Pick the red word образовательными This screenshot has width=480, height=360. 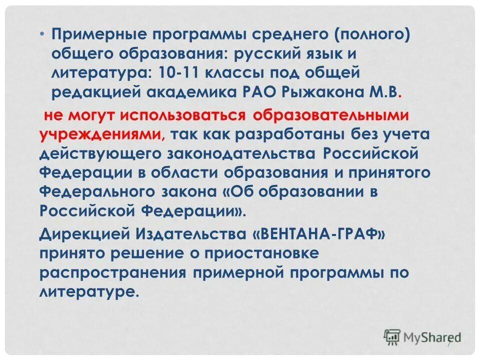[331, 116]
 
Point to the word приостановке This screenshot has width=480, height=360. [261, 253]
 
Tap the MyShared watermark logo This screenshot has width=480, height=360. [422, 336]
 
